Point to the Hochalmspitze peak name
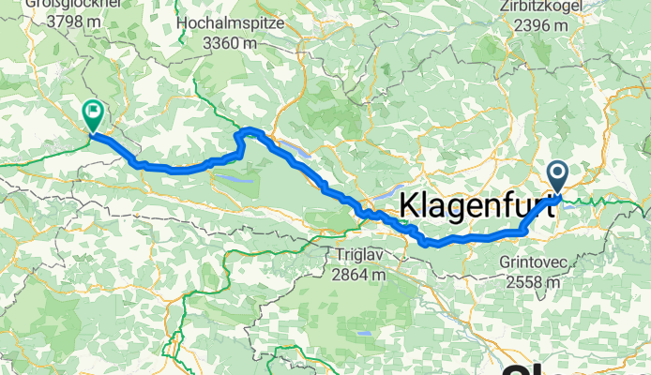click(243, 19)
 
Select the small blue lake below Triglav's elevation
click(363, 333)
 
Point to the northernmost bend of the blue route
click(251, 129)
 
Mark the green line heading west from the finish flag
click(38, 157)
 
